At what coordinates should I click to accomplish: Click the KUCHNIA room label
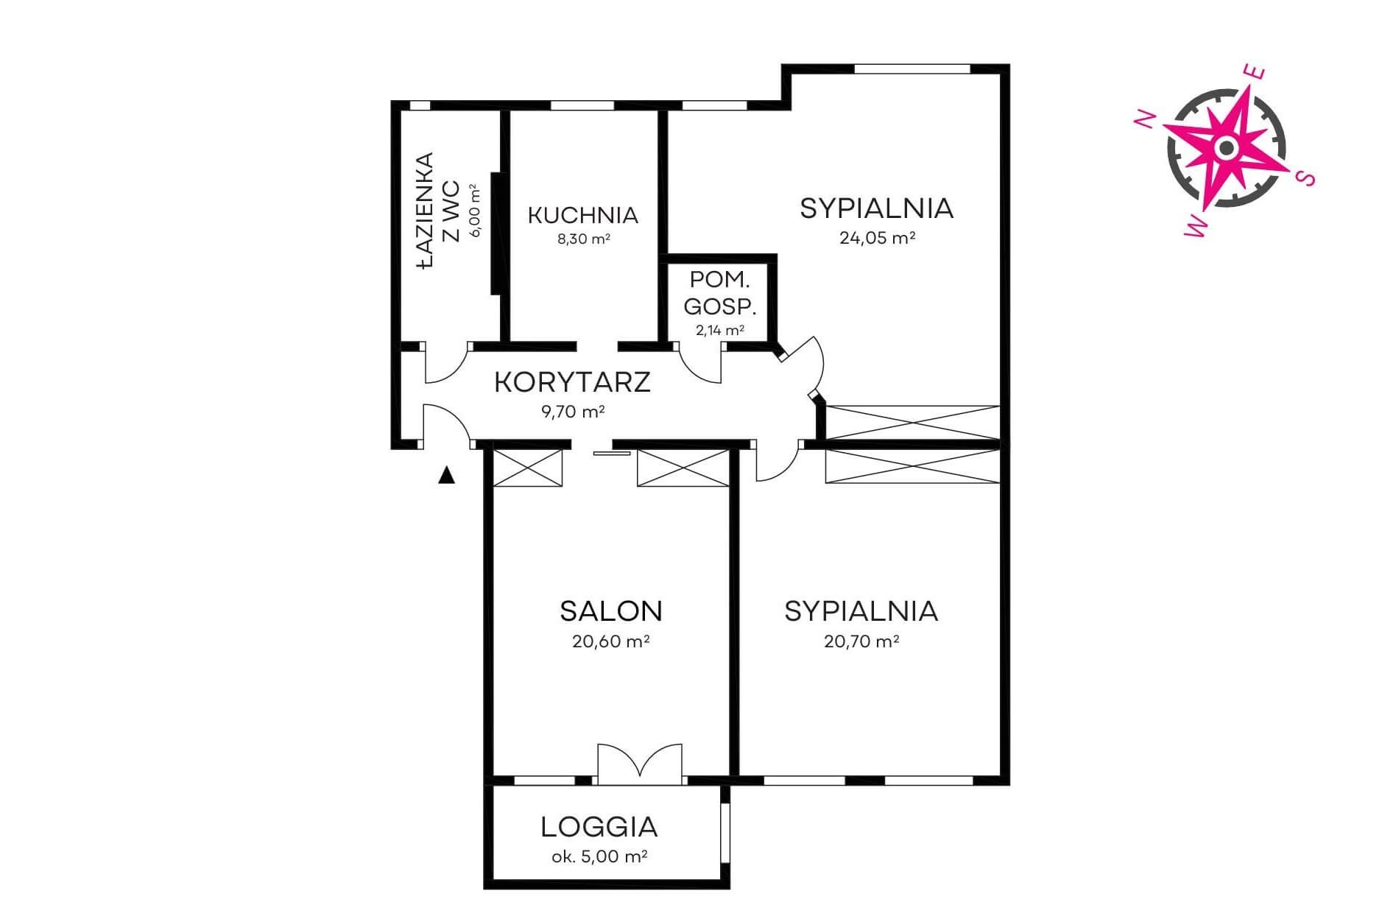pyautogui.click(x=582, y=215)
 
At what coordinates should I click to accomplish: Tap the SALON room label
pyautogui.click(x=610, y=611)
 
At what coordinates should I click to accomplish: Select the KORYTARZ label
pyautogui.click(x=572, y=382)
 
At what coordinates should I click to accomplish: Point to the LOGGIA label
pyautogui.click(x=599, y=827)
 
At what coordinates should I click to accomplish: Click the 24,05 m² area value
pyautogui.click(x=877, y=238)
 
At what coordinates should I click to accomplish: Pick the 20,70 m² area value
pyautogui.click(x=861, y=641)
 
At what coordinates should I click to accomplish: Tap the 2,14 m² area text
pyautogui.click(x=719, y=330)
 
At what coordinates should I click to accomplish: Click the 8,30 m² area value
pyautogui.click(x=583, y=239)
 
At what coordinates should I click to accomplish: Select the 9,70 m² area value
pyautogui.click(x=573, y=412)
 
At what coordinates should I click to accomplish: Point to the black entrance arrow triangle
pyautogui.click(x=446, y=476)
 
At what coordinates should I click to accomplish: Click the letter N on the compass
pyautogui.click(x=1144, y=120)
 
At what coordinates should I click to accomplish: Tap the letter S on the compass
pyautogui.click(x=1305, y=177)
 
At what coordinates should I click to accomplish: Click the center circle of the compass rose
pyautogui.click(x=1226, y=148)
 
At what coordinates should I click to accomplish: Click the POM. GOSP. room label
pyautogui.click(x=720, y=293)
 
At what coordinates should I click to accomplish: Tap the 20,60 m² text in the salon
pyautogui.click(x=610, y=641)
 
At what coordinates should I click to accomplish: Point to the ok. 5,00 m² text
pyautogui.click(x=599, y=856)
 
